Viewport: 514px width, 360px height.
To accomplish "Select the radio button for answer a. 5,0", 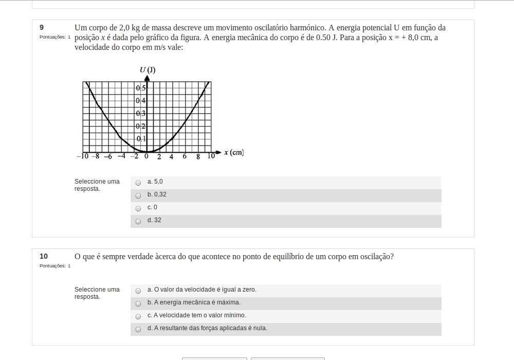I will [x=138, y=183].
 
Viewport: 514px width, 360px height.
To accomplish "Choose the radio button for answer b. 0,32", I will [x=138, y=195].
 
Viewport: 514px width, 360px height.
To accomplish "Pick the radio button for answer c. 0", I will [x=138, y=208].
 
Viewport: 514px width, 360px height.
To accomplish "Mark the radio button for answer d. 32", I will [x=138, y=221].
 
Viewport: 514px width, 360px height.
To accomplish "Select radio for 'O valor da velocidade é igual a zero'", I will [x=138, y=291].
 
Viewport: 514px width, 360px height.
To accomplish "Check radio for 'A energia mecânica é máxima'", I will [x=138, y=303].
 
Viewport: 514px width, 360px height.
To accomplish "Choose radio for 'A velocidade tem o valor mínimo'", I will [x=138, y=316].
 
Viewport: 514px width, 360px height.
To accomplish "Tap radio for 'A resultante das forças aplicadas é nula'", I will [x=138, y=329].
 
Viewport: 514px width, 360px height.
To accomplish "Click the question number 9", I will [x=42, y=27].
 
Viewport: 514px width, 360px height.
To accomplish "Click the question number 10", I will [x=44, y=256].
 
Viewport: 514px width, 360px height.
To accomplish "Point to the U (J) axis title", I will [x=148, y=70].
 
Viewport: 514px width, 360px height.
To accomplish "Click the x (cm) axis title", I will [x=234, y=153].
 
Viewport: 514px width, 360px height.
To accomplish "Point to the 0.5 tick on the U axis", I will [x=141, y=88].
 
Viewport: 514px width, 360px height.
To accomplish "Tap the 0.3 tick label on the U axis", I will [x=141, y=114].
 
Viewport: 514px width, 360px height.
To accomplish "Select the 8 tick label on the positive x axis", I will [x=198, y=157].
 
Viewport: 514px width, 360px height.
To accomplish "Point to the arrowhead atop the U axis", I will [x=147, y=79].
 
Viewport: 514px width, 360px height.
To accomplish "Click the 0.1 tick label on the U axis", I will [x=141, y=139].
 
